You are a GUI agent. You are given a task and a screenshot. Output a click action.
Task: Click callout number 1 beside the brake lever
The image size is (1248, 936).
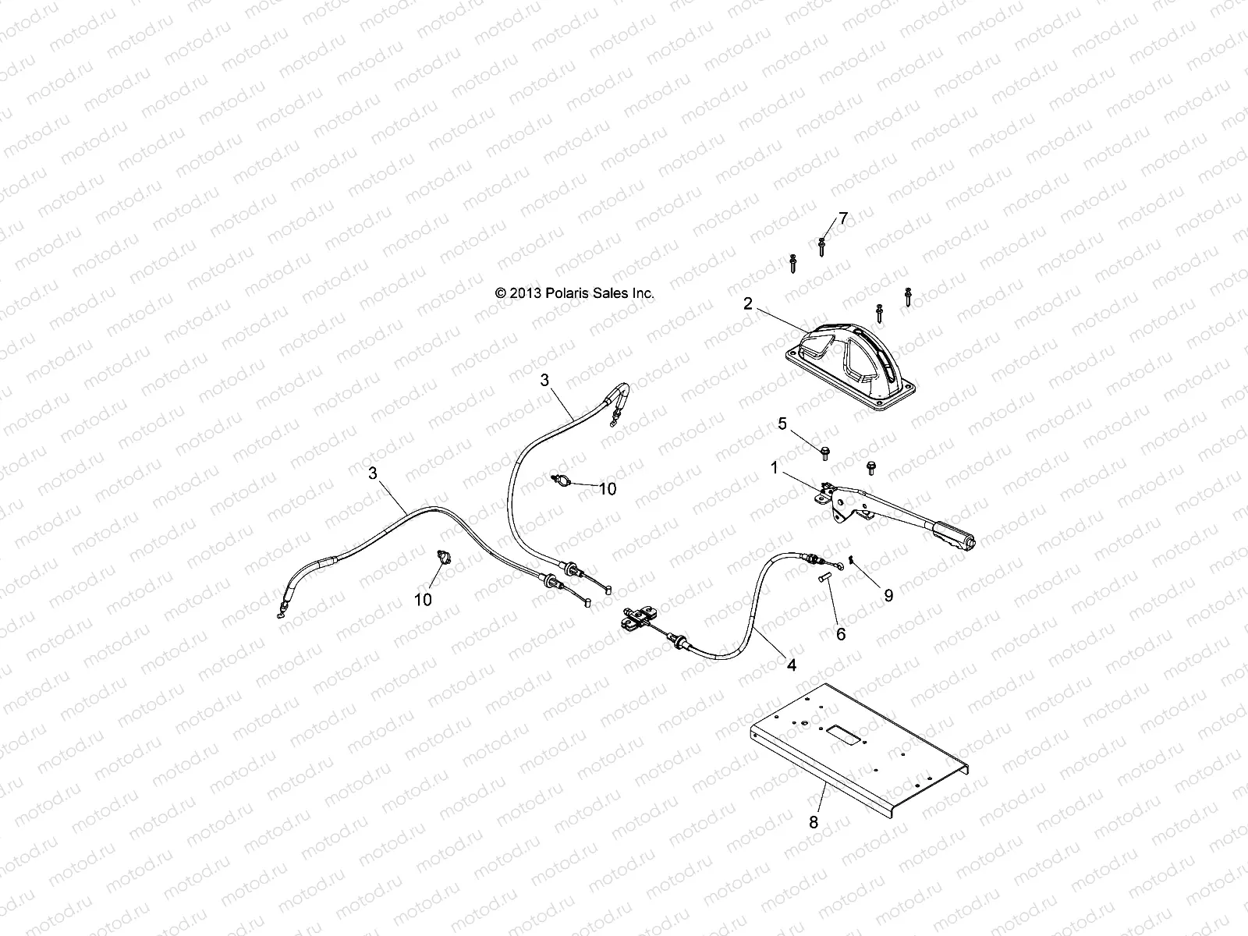[774, 467]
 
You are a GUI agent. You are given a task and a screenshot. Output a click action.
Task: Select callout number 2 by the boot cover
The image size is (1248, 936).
[748, 303]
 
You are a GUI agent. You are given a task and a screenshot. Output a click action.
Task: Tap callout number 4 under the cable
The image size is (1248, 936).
[792, 665]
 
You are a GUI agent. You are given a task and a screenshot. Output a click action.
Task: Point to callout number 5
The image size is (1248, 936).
[782, 424]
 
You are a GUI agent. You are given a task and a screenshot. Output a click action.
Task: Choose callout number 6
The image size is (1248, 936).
[841, 635]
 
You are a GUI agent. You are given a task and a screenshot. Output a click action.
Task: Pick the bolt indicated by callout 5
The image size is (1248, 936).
[824, 451]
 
